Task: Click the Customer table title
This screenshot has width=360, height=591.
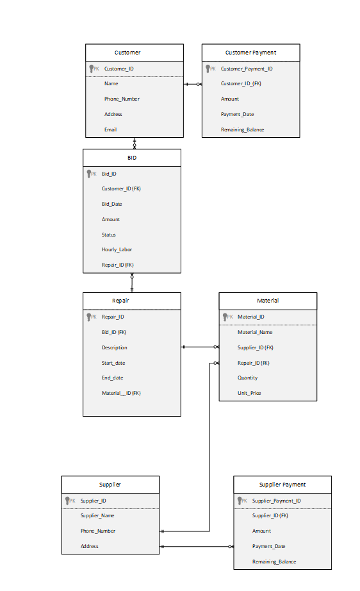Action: pos(127,53)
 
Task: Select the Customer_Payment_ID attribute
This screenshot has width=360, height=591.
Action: pos(247,69)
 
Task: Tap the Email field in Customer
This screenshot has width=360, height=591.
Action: pos(111,129)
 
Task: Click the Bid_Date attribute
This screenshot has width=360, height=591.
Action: pos(112,204)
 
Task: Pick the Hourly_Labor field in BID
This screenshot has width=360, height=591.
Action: pos(117,249)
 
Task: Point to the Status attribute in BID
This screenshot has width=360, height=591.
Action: pos(109,235)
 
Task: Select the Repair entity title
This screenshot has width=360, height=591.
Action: pos(121,300)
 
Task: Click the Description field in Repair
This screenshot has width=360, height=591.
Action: pos(115,347)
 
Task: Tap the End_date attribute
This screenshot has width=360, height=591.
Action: pos(112,378)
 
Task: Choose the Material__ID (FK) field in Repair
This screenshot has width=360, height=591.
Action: pos(121,393)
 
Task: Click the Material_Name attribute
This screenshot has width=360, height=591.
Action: pos(255,332)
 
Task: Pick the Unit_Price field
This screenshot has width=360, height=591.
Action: pos(249,393)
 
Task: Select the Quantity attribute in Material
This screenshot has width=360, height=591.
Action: pos(248,378)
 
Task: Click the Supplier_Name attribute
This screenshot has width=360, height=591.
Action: pos(98,515)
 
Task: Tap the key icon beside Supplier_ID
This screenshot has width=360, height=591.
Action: pos(69,501)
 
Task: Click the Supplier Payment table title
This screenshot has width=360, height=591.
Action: pos(282,485)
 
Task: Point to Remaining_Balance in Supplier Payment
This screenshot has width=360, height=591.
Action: pos(274,562)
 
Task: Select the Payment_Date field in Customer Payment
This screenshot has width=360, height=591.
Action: pos(238,114)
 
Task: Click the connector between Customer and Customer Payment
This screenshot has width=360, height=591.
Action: pos(193,84)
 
